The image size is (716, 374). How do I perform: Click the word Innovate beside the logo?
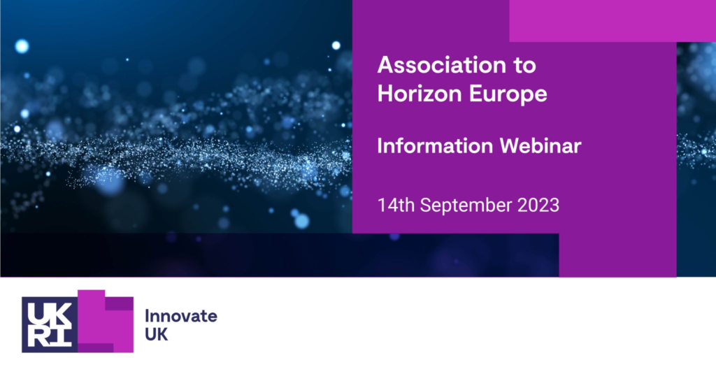tap(180, 315)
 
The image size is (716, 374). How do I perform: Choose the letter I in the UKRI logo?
tap(60, 336)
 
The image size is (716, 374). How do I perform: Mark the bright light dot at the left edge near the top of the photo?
tap(22, 47)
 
